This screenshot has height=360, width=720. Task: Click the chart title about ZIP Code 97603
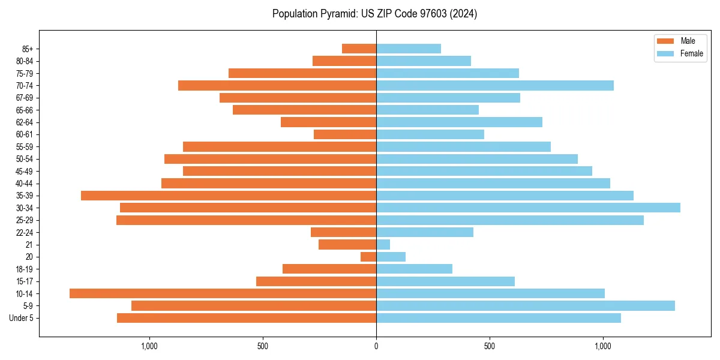(x=374, y=14)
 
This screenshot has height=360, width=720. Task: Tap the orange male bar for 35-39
(x=229, y=196)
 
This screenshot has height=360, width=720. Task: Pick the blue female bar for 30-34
(x=528, y=208)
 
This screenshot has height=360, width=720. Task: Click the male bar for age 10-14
(x=223, y=293)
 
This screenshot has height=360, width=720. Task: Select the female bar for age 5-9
(x=526, y=305)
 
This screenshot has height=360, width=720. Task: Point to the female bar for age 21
(x=383, y=244)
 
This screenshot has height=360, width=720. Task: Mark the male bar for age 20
(x=368, y=257)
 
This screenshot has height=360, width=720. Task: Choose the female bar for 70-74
(x=495, y=86)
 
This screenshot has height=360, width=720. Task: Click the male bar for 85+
(x=359, y=49)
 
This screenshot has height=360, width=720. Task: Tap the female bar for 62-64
(x=459, y=122)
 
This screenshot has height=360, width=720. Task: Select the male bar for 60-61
(x=345, y=134)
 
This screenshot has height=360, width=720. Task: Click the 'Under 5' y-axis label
(x=21, y=318)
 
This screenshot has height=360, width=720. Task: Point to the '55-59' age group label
(x=25, y=147)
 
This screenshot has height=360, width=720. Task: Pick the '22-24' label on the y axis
(x=25, y=233)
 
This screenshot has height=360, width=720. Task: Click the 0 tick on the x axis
(x=376, y=346)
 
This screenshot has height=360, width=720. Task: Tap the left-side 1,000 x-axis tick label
(x=149, y=346)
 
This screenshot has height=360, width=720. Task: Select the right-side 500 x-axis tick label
(x=490, y=346)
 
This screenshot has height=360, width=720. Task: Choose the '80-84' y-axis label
(x=25, y=61)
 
